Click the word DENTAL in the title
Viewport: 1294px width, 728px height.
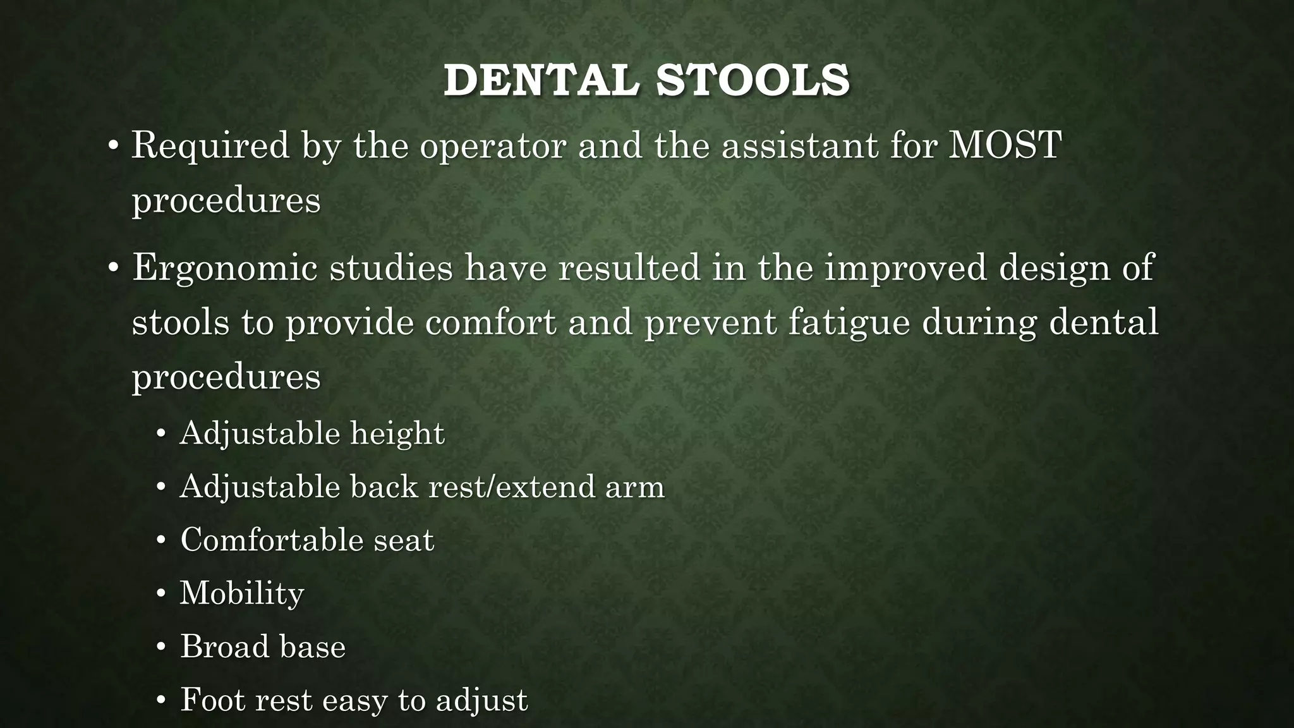click(541, 81)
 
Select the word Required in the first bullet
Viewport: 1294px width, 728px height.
click(210, 145)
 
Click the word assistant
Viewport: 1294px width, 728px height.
click(800, 145)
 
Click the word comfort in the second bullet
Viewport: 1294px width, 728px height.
click(490, 323)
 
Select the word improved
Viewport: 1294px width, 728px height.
click(905, 268)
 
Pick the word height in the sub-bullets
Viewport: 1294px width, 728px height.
click(397, 434)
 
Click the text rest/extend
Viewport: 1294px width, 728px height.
click(512, 487)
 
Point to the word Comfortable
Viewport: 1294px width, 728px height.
click(270, 540)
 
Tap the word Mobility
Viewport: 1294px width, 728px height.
click(242, 593)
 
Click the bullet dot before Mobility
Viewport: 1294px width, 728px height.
click(161, 595)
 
